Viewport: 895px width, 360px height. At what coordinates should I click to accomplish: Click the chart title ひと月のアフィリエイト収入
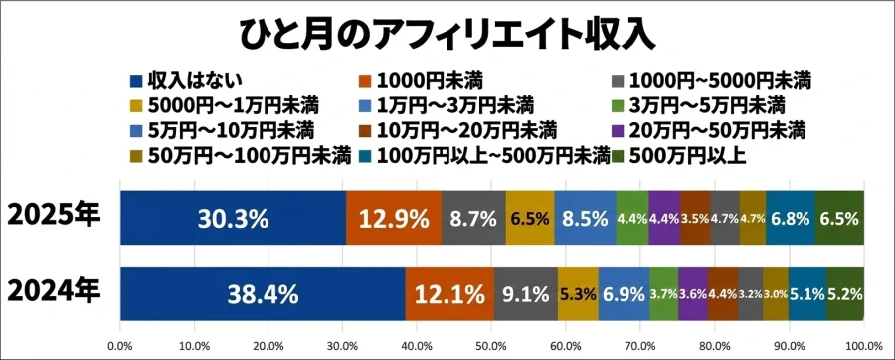[447, 32]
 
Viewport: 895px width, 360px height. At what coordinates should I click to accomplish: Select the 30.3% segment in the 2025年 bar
[233, 218]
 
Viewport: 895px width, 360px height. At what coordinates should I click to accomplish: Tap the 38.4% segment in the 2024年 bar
[263, 293]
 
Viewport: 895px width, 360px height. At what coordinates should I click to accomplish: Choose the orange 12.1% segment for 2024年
[449, 293]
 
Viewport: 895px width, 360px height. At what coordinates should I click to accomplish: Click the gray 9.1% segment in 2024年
[526, 293]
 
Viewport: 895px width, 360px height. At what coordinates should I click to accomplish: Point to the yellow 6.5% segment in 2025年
[530, 218]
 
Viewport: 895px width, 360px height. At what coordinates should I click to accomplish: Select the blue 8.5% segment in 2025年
[586, 218]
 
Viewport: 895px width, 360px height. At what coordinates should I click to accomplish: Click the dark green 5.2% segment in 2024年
[845, 293]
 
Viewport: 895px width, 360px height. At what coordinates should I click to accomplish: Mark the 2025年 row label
[54, 216]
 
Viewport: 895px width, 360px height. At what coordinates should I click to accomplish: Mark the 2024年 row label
[54, 291]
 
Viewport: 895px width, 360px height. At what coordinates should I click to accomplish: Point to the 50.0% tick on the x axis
[491, 346]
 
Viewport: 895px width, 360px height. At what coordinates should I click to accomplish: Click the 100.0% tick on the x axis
[862, 346]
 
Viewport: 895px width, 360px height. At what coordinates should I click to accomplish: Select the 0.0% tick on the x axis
[120, 346]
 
